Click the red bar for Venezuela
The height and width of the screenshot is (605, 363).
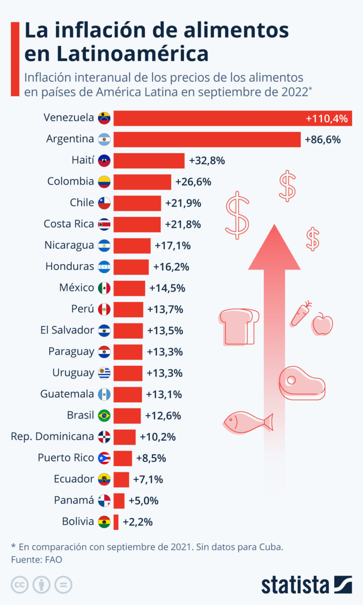233,118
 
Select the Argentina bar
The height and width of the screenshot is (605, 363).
207,139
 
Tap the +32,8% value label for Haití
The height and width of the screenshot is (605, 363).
207,160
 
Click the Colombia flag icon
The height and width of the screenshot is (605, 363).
104,182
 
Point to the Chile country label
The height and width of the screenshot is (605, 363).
82,202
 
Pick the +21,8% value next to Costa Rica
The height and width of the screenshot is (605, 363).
183,224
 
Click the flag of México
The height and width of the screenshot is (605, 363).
104,288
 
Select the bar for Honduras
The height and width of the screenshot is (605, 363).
131,267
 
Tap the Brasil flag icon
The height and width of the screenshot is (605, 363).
104,415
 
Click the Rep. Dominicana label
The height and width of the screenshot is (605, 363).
52,436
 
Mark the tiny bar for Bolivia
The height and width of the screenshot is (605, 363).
116,522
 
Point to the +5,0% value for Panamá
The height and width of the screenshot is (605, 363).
143,501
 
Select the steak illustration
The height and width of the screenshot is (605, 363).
302,383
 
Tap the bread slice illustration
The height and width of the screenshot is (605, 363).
239,327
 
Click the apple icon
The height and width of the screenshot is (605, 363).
322,324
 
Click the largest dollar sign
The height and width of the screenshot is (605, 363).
237,215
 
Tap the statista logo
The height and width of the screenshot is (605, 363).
307,585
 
